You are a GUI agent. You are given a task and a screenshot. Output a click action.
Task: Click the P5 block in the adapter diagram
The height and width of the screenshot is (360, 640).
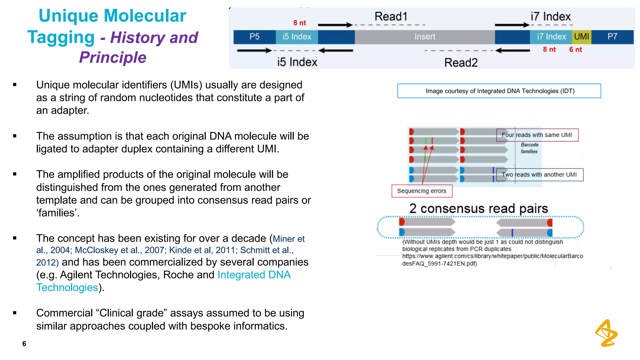pos(254,37)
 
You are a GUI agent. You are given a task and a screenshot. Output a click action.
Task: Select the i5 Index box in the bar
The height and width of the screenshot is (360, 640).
pos(297,37)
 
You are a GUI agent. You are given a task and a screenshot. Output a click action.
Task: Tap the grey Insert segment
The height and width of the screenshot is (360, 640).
pos(424,37)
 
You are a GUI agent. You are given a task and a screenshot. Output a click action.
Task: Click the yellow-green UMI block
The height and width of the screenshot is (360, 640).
pos(581,37)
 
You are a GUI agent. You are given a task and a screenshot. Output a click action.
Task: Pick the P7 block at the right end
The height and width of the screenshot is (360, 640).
pos(612,37)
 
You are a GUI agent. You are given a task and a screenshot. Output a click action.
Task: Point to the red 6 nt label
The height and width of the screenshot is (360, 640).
pos(575,50)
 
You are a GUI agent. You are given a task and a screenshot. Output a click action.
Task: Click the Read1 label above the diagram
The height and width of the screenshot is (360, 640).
pos(391,17)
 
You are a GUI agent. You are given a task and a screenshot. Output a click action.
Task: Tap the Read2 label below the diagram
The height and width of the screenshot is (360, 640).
pos(461,62)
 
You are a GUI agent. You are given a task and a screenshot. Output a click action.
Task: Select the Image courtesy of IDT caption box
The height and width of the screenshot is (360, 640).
pos(499,91)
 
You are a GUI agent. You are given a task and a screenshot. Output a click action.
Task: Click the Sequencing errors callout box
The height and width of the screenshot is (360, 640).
pos(422,191)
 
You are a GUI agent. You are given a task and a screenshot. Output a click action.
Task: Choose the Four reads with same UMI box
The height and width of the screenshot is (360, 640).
pos(537,135)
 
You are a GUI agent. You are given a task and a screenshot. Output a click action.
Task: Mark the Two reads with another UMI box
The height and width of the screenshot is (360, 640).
pos(539,175)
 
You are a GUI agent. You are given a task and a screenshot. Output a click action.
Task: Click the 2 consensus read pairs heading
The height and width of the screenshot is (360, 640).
pos(478,208)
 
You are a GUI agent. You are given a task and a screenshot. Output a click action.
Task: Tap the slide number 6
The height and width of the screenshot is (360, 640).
pos(24,344)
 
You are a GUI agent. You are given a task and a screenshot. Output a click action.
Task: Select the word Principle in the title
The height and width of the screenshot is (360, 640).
pos(112,57)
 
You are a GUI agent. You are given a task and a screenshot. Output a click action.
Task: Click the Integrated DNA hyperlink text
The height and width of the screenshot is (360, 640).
pos(254,275)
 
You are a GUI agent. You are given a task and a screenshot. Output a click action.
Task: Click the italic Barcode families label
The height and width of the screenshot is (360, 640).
pos(529,148)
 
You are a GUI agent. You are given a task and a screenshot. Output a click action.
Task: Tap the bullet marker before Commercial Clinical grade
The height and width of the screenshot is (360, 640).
pos(15,313)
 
